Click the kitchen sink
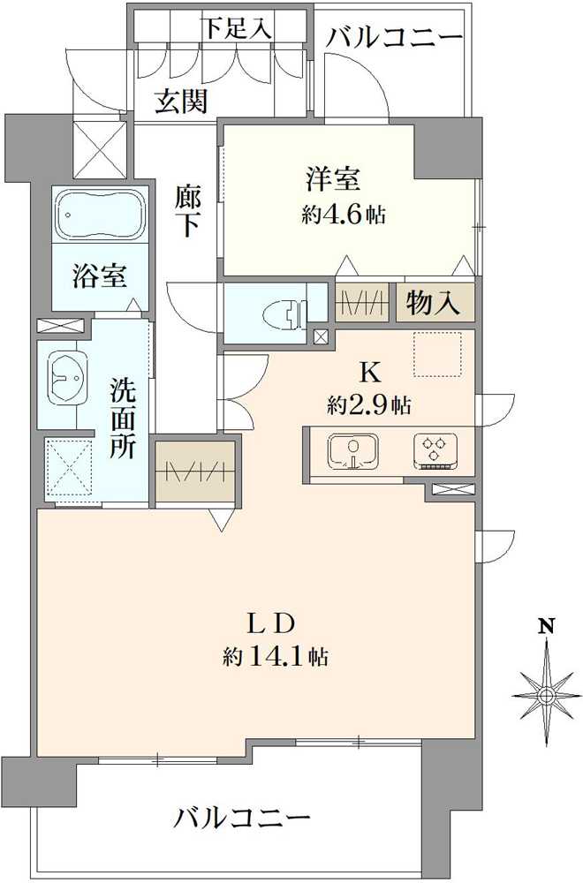[x=352, y=451]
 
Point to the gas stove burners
[x=435, y=450]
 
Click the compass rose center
[x=545, y=696]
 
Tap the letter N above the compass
[x=545, y=626]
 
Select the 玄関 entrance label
[x=182, y=102]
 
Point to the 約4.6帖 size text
[x=344, y=214]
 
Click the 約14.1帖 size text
[x=276, y=656]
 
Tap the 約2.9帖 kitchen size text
[x=369, y=404]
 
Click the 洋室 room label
[x=333, y=179]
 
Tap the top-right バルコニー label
[x=394, y=38]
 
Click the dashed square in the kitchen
[x=437, y=354]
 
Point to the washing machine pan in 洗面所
[x=68, y=467]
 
